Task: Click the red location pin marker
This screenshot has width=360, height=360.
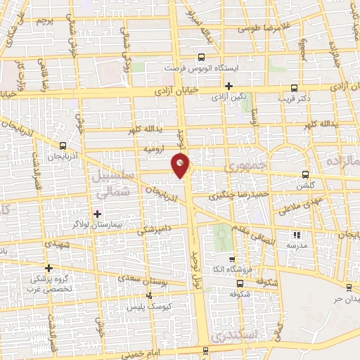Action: coord(181,166)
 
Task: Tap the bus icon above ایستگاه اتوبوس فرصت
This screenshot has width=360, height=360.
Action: coord(201,58)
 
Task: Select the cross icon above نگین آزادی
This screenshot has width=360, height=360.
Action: coord(229,86)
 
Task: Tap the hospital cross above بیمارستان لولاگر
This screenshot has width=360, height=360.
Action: coord(97,213)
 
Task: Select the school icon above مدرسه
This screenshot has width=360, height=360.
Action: coord(296,235)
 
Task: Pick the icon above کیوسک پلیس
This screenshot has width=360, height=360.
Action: coord(148,296)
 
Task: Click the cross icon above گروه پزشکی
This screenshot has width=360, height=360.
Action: coord(49,268)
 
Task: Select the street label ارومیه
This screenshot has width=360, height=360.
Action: coord(154,149)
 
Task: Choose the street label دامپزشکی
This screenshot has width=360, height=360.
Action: coord(152,230)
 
